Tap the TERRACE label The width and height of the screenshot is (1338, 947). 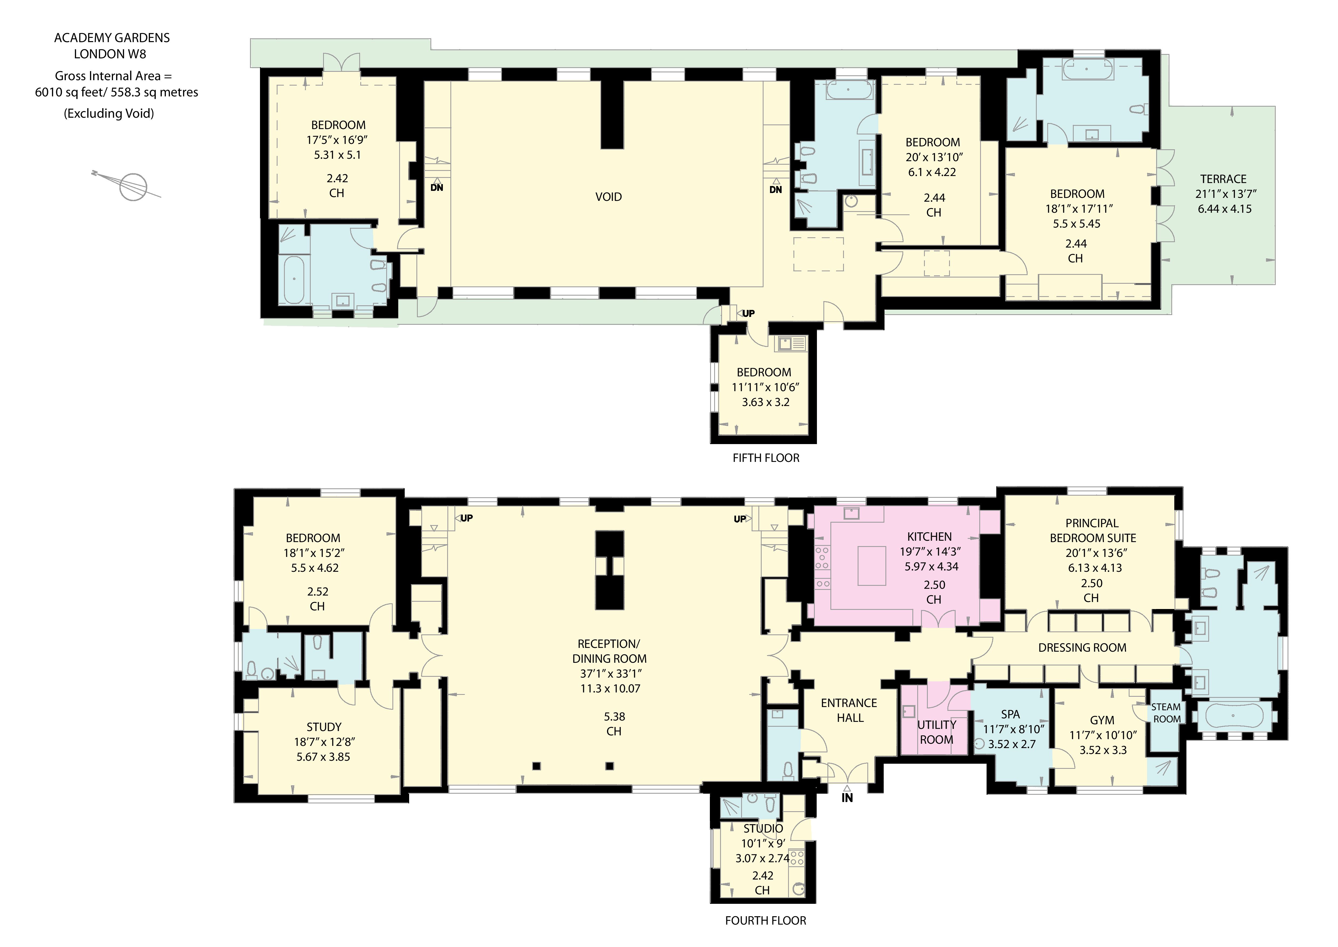(1223, 179)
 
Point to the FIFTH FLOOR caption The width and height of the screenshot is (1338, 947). (766, 458)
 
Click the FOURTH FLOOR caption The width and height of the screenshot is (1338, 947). (765, 920)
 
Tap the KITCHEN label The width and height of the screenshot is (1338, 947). (929, 536)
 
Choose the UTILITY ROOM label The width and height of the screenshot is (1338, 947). (936, 732)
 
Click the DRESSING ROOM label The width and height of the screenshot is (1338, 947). (1082, 647)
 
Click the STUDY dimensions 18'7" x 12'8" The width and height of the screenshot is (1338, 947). (324, 742)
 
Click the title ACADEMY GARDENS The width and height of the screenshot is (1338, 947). (112, 38)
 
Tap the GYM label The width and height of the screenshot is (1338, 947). (1102, 720)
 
